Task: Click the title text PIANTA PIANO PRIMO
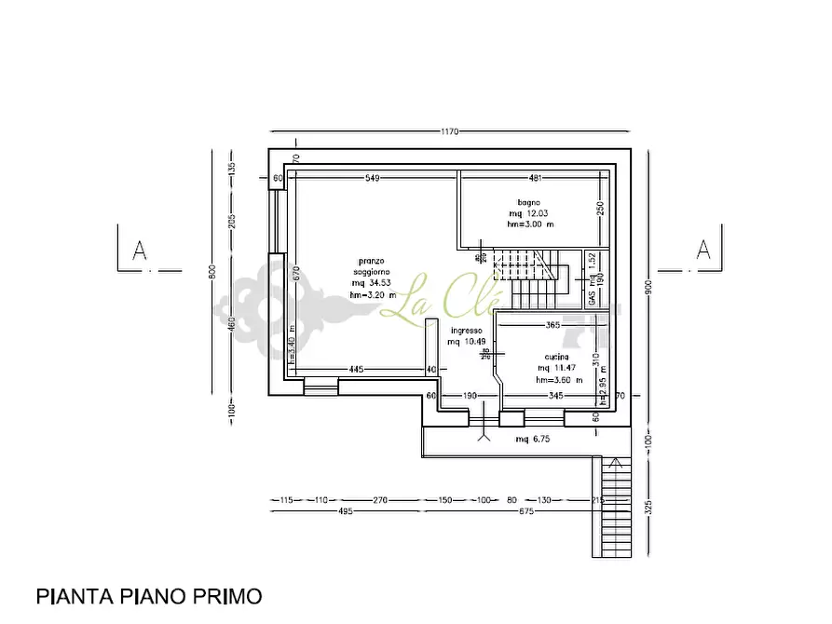[149, 595]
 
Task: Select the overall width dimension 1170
[450, 132]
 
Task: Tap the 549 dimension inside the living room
[373, 177]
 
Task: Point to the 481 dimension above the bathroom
[536, 177]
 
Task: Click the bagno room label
[529, 202]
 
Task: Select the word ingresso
[466, 331]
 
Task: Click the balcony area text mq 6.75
[535, 439]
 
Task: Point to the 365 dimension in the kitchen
[552, 325]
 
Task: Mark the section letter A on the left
[140, 250]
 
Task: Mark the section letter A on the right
[703, 250]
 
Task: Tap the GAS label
[593, 298]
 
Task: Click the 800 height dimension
[212, 271]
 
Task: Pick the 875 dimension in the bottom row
[526, 511]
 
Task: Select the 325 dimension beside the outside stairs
[648, 508]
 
